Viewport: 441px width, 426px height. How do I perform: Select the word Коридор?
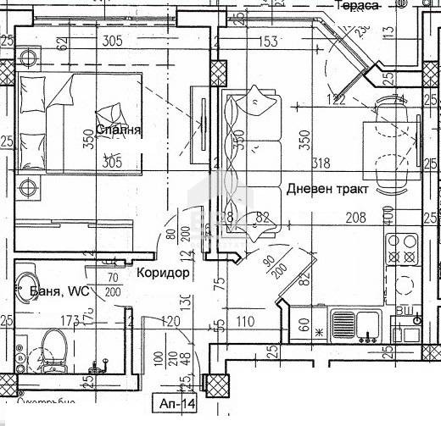click(162, 274)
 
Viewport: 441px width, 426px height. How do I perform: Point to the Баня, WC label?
click(53, 291)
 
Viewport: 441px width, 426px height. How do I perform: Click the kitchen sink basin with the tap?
click(349, 324)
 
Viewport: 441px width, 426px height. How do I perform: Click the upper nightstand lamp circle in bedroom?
click(31, 58)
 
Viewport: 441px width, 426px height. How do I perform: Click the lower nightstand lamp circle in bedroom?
click(30, 188)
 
